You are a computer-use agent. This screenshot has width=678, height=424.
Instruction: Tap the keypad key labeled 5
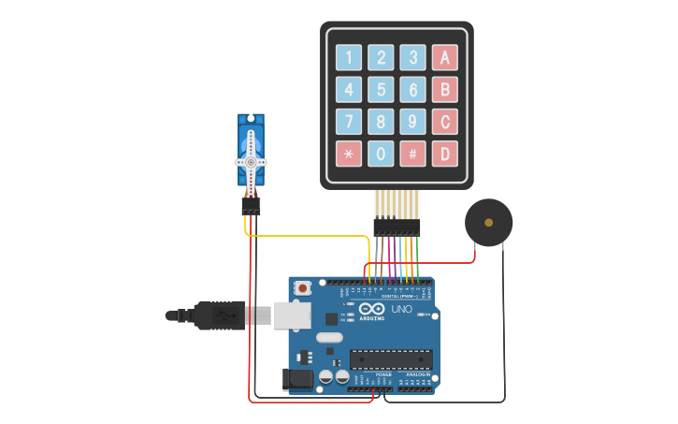point(381,90)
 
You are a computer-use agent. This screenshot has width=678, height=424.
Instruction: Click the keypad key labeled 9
point(412,122)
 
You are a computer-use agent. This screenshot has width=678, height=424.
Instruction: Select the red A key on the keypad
point(445,58)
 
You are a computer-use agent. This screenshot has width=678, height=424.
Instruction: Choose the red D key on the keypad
point(445,154)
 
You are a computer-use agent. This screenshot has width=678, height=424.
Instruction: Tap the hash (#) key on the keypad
point(412,154)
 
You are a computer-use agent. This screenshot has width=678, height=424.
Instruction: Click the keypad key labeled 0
point(381,154)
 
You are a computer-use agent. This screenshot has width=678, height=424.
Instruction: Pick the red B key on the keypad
point(445,90)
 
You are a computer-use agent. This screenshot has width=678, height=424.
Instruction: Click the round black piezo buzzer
point(488,223)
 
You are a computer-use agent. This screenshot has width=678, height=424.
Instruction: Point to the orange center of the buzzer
point(488,223)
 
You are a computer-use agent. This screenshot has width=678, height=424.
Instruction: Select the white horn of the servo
point(251,161)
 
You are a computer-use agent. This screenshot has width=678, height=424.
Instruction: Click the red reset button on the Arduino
point(302,289)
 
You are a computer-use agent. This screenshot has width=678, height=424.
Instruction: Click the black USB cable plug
point(220,315)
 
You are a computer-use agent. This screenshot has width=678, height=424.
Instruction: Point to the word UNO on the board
point(401,309)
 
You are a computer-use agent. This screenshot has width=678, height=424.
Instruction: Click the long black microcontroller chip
point(391,359)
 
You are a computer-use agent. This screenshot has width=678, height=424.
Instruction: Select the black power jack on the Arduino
point(298,379)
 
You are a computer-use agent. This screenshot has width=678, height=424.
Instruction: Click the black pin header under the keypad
point(397,227)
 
